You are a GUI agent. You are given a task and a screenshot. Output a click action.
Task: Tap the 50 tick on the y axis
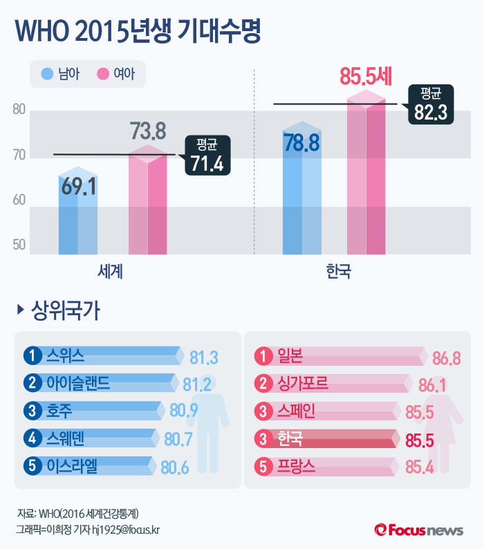pos(19,245)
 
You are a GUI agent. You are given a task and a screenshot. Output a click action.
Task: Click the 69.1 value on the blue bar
pos(78,187)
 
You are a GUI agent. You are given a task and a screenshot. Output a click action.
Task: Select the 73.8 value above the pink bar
pos(148,131)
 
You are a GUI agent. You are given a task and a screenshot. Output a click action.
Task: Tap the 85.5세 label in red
pos(366,76)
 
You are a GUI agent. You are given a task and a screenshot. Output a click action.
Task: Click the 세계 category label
pos(111,270)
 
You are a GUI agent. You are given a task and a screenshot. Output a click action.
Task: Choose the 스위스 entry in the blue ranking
pos(66,356)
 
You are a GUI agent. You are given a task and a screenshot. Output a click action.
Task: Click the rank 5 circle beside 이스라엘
pos(32,466)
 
